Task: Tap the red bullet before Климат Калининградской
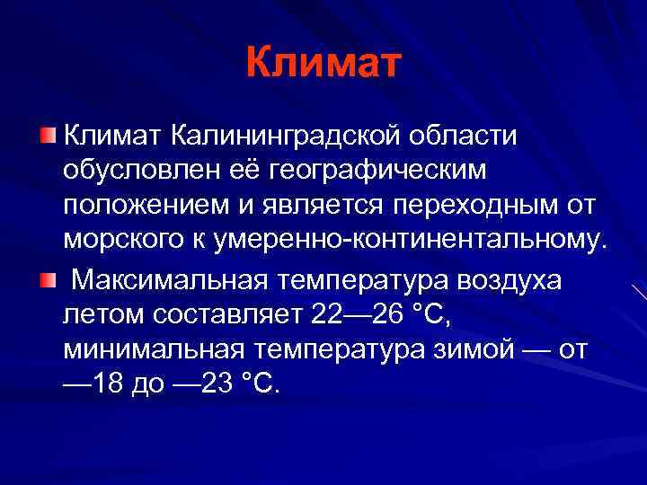pos(47,136)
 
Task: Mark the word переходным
pos(476,205)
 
